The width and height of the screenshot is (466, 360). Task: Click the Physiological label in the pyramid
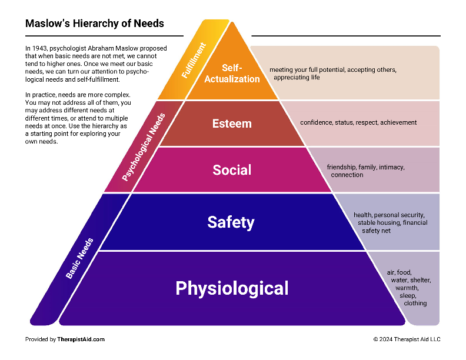point(232,288)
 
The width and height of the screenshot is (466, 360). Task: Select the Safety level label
point(231,222)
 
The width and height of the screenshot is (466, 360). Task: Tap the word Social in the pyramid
point(232,170)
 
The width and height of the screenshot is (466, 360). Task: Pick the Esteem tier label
point(232,124)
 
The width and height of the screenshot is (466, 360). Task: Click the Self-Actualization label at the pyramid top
point(232,74)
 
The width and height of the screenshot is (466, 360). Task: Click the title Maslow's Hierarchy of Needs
point(95,24)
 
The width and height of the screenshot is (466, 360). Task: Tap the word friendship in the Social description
point(340,168)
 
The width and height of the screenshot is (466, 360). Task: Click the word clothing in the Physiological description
point(415,304)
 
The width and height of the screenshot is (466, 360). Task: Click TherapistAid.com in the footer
point(81,339)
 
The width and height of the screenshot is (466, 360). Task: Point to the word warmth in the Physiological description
point(407,288)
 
